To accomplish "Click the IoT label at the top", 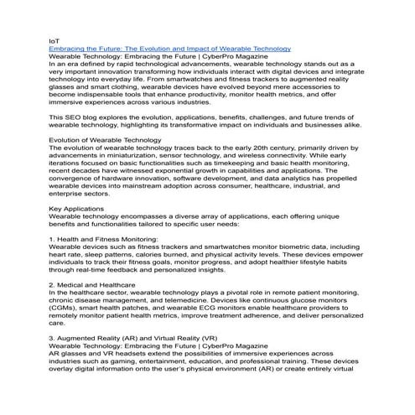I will click(54, 40).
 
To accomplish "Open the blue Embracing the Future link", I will click(169, 49).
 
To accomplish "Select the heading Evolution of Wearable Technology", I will click(106, 139).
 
